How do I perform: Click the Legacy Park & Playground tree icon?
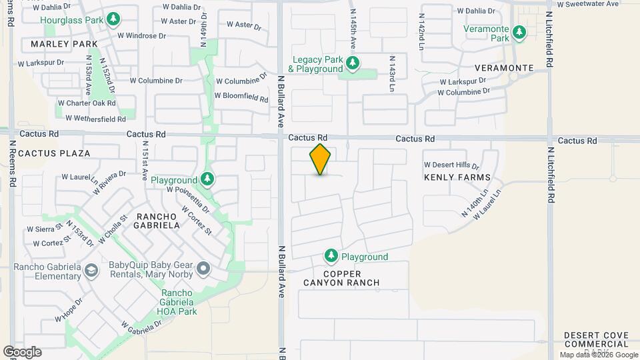pyautogui.click(x=353, y=63)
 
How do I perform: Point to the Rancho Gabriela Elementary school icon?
pyautogui.click(x=92, y=270)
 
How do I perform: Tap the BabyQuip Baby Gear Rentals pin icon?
pyautogui.click(x=203, y=270)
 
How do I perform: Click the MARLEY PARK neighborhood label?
pyautogui.click(x=59, y=45)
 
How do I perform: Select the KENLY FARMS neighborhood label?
pyautogui.click(x=457, y=177)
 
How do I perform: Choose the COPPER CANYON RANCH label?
pyautogui.click(x=351, y=278)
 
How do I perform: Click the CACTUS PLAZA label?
pyautogui.click(x=54, y=153)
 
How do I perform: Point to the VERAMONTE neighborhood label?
pyautogui.click(x=504, y=68)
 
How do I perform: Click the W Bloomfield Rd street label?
pyautogui.click(x=241, y=96)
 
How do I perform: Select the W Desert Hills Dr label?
pyautogui.click(x=451, y=165)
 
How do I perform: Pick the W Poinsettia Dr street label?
pyautogui.click(x=187, y=190)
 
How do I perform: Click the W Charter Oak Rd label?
pyautogui.click(x=86, y=103)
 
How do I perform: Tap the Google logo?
pyautogui.click(x=22, y=352)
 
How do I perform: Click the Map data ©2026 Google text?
pyautogui.click(x=597, y=355)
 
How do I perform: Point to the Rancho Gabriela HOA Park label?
pyautogui.click(x=179, y=301)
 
